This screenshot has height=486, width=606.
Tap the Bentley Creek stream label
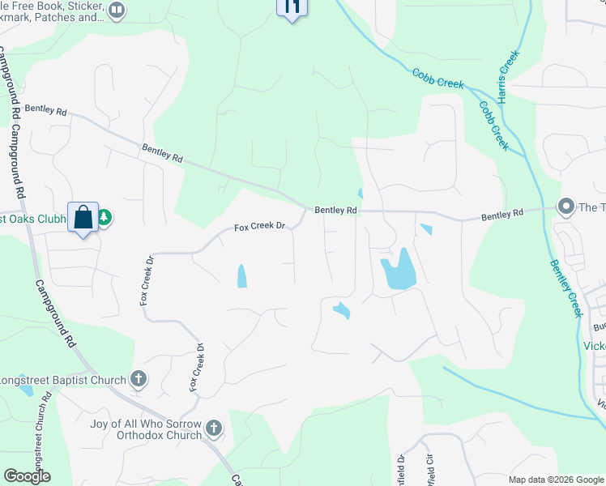[x=566, y=287]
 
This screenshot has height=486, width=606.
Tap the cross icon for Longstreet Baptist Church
[x=139, y=378]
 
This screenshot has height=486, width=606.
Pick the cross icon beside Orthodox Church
[x=213, y=428]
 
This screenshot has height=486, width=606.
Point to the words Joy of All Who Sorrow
[x=145, y=422]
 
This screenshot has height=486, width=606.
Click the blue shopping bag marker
[x=83, y=217]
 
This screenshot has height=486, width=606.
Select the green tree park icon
[x=105, y=218]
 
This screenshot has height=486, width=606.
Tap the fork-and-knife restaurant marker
[x=292, y=6]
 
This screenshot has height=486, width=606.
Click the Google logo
[x=27, y=476]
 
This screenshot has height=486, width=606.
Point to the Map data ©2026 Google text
[x=555, y=480]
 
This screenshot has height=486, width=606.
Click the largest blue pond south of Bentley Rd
[x=398, y=271]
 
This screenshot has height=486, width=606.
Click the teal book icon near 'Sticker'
[x=117, y=10]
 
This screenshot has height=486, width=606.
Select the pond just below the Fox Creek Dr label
[x=241, y=276]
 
